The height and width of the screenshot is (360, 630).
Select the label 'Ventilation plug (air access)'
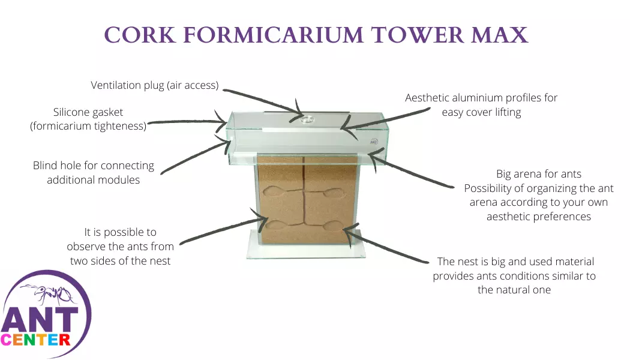154,85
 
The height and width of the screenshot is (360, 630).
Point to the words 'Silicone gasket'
88,112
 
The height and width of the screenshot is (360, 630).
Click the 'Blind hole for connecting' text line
94,166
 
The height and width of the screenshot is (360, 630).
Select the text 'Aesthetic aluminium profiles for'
481,98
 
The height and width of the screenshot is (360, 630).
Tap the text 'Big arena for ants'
538,174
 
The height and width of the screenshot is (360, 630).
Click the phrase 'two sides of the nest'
120,260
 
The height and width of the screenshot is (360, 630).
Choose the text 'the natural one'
514,290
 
